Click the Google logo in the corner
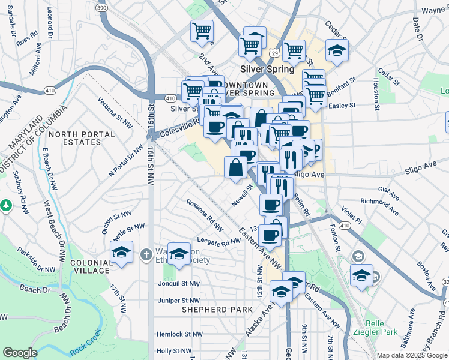(20, 353)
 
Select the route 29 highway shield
(274, 54)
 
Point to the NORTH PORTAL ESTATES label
(75, 138)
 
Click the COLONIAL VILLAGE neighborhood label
(90, 266)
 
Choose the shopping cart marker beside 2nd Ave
(202, 32)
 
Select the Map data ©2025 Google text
(411, 355)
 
